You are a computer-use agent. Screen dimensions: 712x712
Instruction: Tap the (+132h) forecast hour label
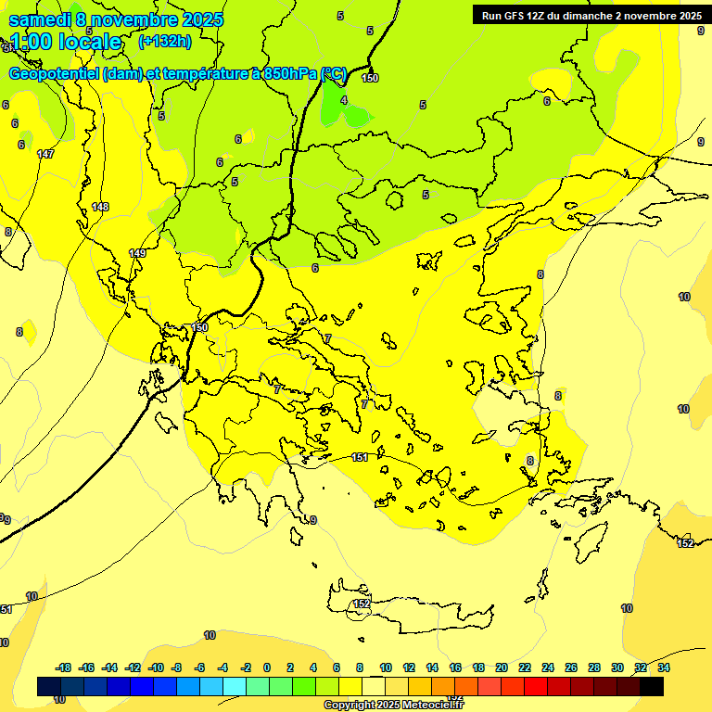(165, 41)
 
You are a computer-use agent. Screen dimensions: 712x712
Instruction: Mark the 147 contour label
(45, 154)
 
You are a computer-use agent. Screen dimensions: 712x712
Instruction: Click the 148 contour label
(101, 207)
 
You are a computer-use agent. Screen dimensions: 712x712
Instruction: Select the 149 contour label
(138, 253)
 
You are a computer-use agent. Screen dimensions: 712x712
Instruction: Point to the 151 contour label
(361, 457)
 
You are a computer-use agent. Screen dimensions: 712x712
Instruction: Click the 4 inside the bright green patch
(344, 100)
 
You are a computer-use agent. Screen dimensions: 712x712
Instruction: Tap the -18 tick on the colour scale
(64, 667)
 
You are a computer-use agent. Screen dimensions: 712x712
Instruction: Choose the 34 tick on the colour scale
(664, 667)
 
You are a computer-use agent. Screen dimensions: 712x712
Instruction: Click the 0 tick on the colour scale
(267, 667)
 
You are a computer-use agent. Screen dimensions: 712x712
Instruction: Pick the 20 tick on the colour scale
(502, 667)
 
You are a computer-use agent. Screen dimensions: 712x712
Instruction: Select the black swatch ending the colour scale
(652, 687)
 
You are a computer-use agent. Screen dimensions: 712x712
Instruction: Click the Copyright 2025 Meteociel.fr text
(393, 705)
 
